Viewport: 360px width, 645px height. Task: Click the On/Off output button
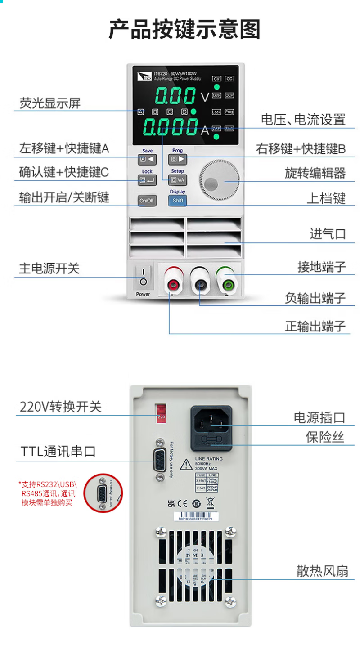[x=147, y=201]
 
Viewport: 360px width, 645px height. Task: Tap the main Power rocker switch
[x=144, y=277]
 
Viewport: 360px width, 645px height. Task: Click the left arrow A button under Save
[x=147, y=159]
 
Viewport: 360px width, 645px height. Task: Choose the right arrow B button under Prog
[x=178, y=159]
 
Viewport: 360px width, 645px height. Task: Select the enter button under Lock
[x=147, y=180]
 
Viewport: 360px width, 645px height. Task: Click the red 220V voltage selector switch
[x=161, y=413]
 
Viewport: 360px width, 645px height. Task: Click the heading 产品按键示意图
[x=184, y=30]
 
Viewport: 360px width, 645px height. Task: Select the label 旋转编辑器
[x=315, y=173]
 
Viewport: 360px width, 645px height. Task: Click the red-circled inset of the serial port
[x=103, y=493]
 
